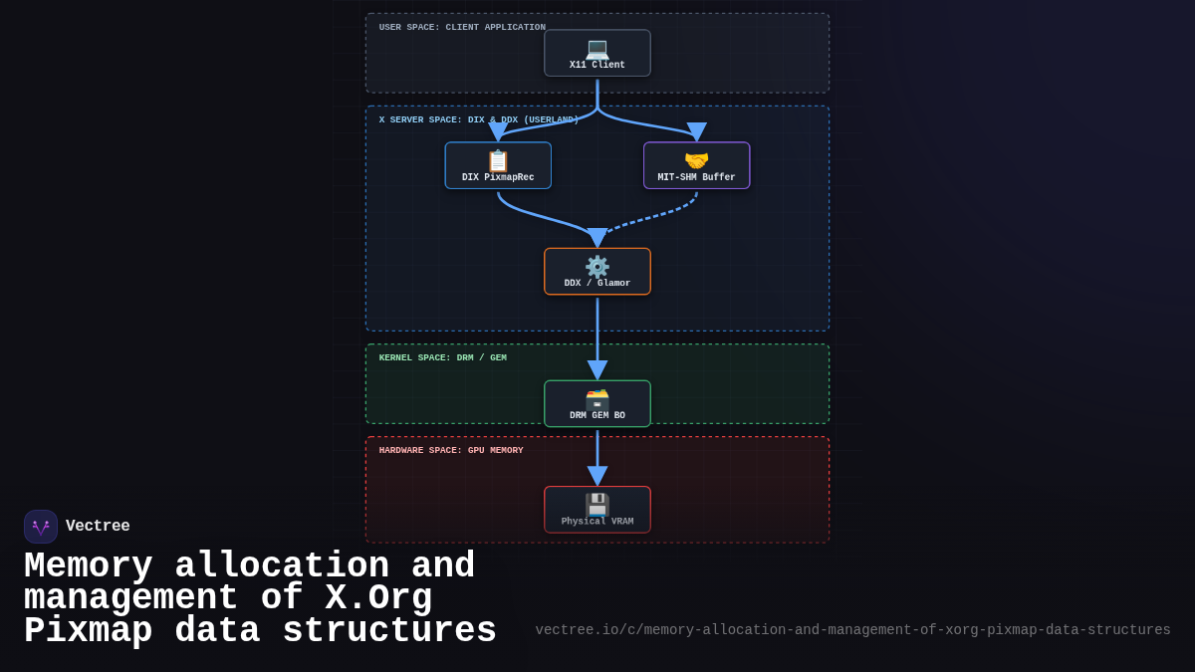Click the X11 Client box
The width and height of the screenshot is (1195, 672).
coord(597,53)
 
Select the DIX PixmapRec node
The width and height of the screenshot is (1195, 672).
coord(498,165)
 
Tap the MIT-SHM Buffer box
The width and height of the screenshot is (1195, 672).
coord(696,165)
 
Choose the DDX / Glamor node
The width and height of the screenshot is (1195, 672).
coord(597,271)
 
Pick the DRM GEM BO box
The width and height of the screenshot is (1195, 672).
coord(597,403)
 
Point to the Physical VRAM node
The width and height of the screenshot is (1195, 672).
coord(597,510)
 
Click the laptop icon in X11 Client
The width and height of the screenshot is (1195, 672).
coord(597,47)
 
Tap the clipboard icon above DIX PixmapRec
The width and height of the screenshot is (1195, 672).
coord(498,160)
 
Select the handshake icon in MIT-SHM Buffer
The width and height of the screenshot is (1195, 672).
coord(696,160)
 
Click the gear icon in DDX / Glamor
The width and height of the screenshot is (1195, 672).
coord(597,266)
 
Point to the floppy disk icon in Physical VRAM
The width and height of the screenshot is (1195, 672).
coord(597,505)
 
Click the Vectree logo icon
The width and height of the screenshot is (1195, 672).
coord(41,527)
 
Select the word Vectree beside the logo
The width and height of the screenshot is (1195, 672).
coord(98,527)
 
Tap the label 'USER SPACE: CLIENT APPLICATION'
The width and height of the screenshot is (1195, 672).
coord(462,28)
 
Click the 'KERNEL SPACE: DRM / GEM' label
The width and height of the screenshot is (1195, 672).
coord(442,358)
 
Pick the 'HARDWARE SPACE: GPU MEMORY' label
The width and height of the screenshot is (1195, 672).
coord(451,451)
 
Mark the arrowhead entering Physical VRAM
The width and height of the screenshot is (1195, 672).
coord(597,476)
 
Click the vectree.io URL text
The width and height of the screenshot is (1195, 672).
coord(852,630)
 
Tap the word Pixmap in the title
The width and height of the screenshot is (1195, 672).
coord(88,631)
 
